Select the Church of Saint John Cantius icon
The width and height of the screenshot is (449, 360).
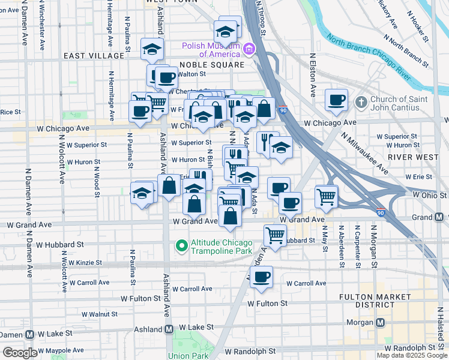(361, 101)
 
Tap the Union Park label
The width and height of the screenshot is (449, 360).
(187, 356)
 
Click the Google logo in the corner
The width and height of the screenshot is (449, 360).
(19, 353)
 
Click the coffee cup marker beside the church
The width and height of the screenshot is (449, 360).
(337, 100)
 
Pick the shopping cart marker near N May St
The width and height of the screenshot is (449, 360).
(326, 196)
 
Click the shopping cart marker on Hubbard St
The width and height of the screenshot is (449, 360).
(275, 235)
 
